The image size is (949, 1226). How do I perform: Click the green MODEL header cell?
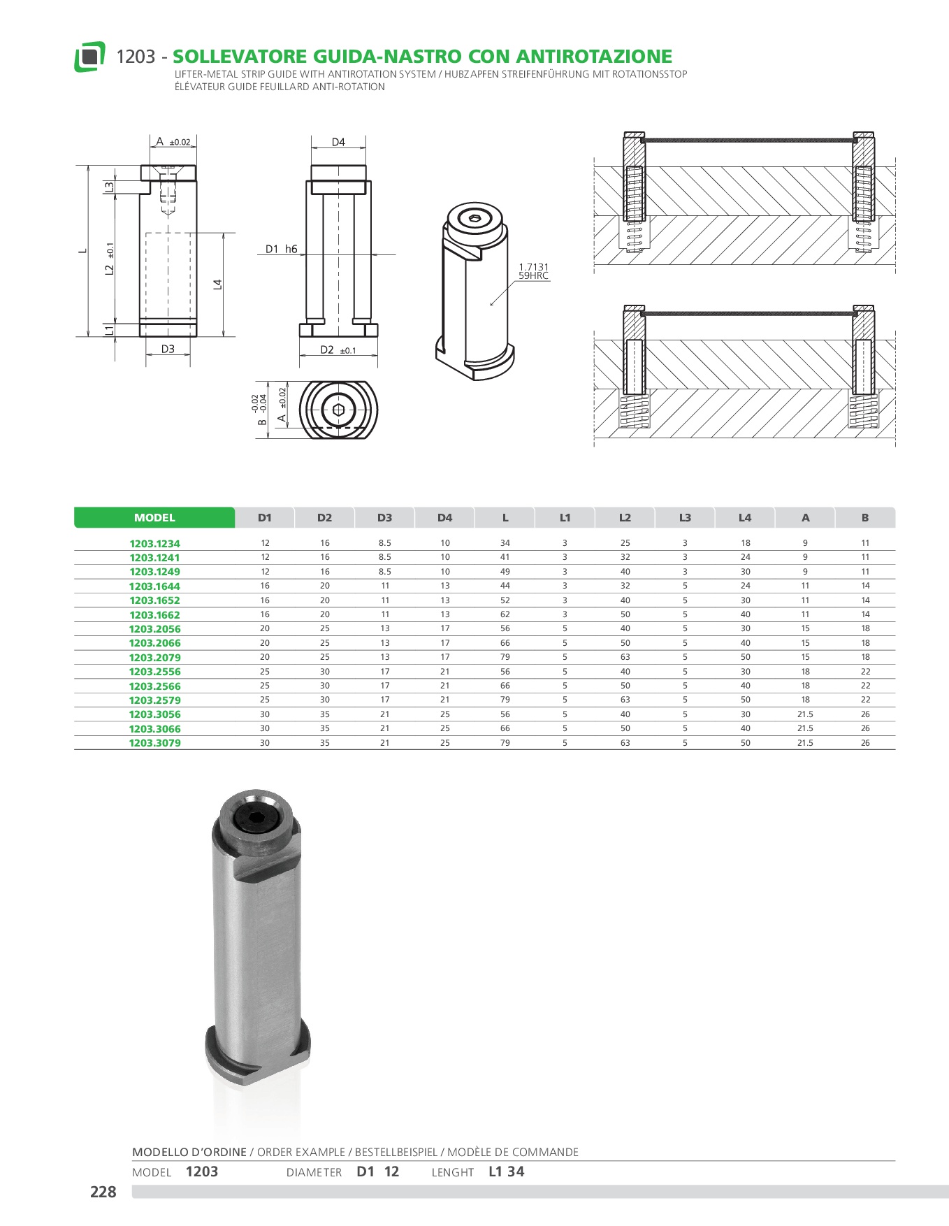(154, 517)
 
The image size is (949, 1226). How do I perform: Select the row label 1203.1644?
(154, 586)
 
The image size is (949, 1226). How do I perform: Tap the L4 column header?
(745, 517)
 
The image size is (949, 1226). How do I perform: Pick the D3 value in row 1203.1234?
(385, 543)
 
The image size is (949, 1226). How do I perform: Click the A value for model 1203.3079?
(805, 743)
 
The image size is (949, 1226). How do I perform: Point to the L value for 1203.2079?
(505, 657)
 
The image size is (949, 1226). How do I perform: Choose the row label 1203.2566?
(154, 686)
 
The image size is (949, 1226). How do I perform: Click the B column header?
(865, 517)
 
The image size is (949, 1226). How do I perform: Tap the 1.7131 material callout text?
(534, 267)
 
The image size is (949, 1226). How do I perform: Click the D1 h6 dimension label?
(282, 249)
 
